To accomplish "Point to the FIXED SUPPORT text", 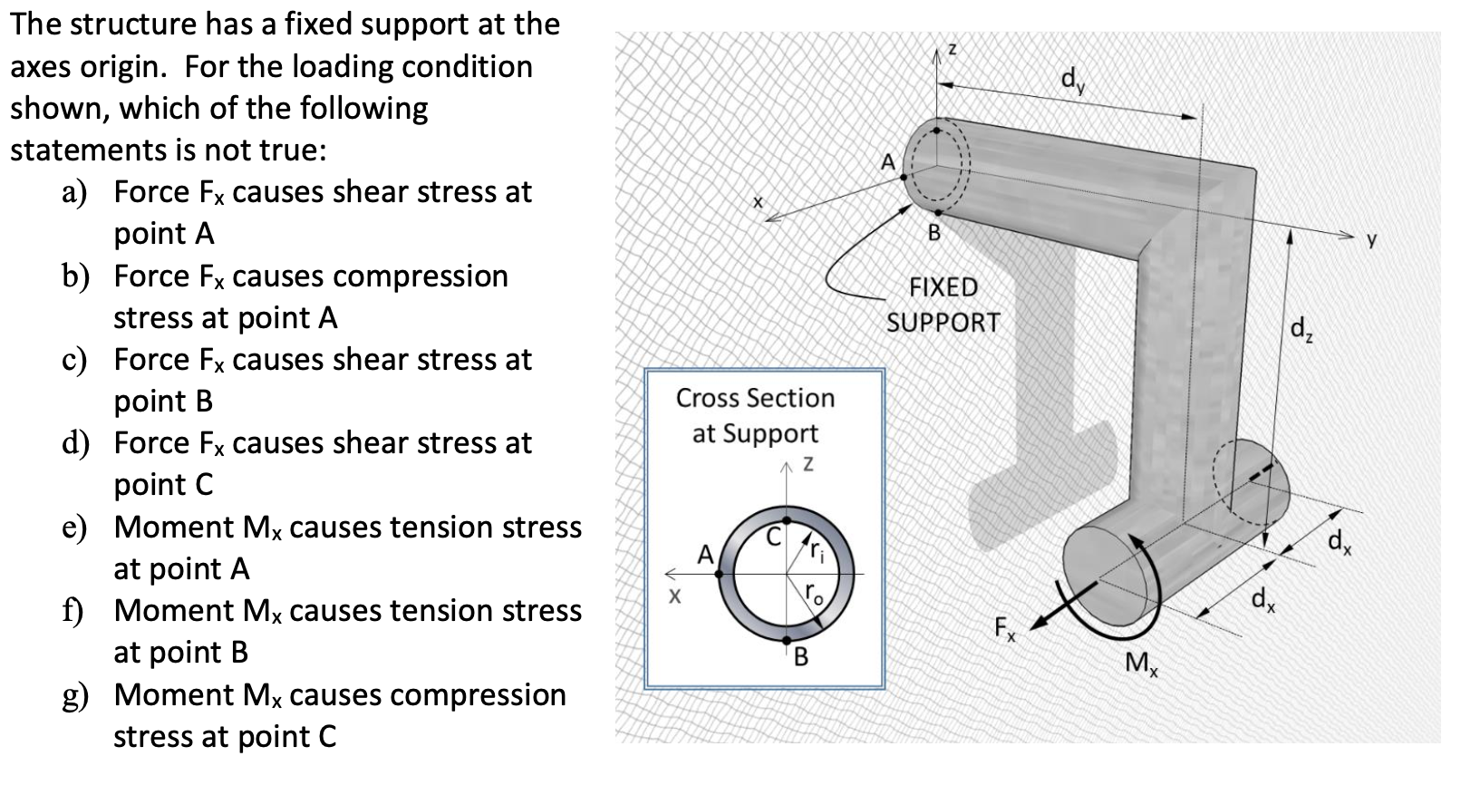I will (x=943, y=305).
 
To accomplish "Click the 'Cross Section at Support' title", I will (x=755, y=415).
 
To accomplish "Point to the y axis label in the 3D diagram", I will (x=1371, y=240).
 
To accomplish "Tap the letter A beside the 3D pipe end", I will (x=888, y=162).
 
